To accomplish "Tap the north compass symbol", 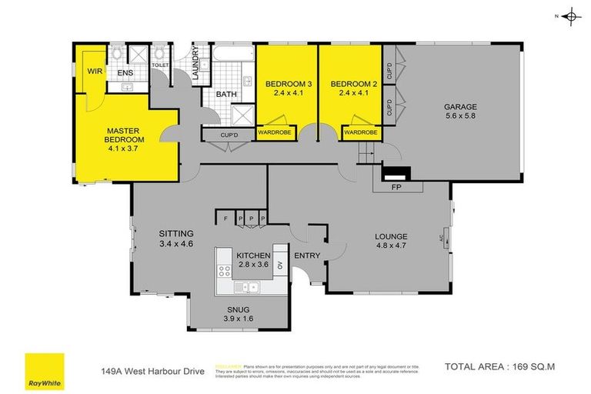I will coord(570,15).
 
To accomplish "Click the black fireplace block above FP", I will coord(397,173).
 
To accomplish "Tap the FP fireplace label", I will coord(397,187).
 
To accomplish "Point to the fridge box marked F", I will coord(225,219).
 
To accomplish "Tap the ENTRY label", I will coord(307,255).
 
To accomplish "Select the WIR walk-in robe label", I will coord(95,71).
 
